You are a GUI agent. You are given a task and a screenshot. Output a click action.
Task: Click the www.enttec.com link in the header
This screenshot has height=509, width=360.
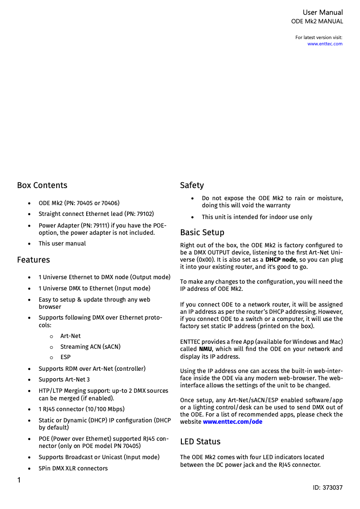pos(325,44)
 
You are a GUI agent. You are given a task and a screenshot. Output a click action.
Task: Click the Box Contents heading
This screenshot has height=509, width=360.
pos(42,185)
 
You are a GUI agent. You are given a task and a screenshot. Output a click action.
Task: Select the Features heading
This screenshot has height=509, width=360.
pos(34,260)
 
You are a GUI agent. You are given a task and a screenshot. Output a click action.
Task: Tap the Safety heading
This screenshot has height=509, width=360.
pos(192,185)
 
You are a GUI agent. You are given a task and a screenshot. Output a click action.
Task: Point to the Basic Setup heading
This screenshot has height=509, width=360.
pos(202,233)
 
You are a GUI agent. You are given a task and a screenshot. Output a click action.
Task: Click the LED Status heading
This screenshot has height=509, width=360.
pos(200,442)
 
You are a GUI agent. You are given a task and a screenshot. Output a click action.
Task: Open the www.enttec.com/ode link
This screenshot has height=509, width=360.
pos(233,422)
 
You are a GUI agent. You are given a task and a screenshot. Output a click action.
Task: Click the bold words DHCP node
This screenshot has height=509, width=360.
pos(281,260)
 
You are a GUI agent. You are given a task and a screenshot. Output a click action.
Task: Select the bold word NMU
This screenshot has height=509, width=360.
pos(205,349)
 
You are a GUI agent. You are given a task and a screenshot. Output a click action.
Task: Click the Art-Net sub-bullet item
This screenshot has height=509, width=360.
pos(70,336)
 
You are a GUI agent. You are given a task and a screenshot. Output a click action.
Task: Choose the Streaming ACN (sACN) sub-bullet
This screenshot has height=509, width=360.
pos(90,347)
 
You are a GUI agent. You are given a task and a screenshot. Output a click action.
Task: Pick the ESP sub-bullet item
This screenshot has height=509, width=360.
pos(66,358)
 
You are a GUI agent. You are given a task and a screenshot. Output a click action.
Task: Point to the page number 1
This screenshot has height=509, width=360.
pos(19,480)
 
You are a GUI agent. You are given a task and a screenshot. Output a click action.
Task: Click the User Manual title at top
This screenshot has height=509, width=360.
pos(322,13)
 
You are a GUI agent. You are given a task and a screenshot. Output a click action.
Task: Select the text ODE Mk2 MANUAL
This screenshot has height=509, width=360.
pos(317,22)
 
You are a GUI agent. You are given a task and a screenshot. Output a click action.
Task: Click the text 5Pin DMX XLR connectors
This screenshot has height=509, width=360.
pos(73,469)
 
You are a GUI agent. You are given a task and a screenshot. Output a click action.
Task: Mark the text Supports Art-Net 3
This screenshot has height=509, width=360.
pos(64,380)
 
